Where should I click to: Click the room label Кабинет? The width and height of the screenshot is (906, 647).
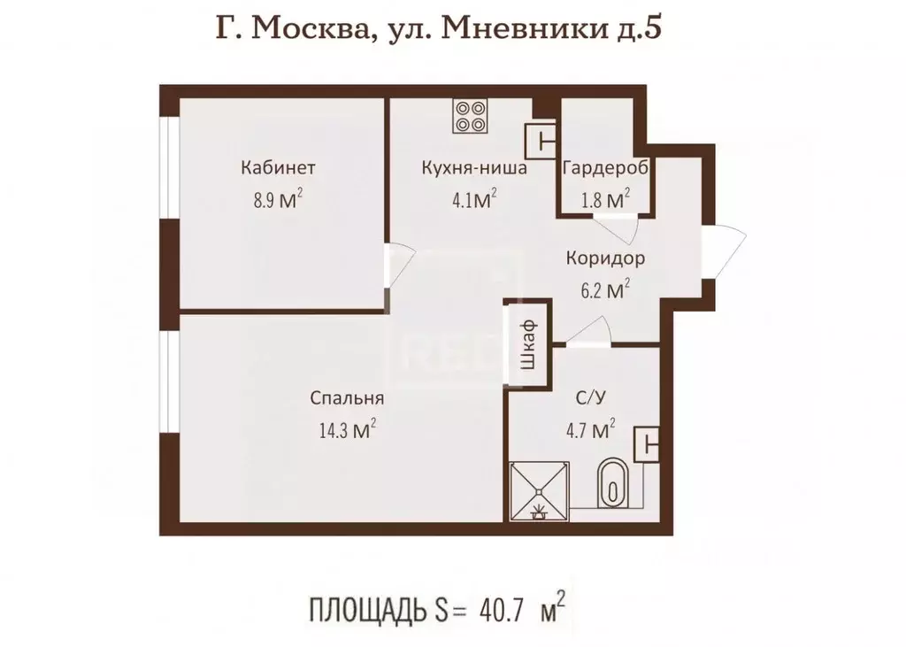pos(278,167)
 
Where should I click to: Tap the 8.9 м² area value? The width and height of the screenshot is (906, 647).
pos(278,198)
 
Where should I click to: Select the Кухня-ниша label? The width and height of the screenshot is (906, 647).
pos(474,167)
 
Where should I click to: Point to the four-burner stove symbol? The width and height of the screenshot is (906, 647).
pos(471,116)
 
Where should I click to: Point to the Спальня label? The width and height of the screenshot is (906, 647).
pos(341,399)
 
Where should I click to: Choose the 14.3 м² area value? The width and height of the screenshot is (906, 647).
pos(341,430)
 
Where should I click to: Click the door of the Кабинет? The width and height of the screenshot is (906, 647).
pos(400,263)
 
